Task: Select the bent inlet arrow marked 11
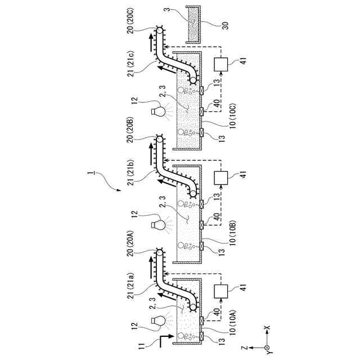click(x=164, y=339)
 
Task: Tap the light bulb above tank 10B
click(x=157, y=225)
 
